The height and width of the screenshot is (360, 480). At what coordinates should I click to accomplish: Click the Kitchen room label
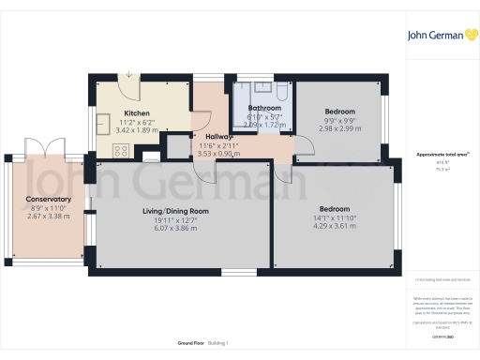click(x=137, y=113)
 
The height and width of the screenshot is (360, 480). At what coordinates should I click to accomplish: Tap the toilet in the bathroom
click(x=281, y=89)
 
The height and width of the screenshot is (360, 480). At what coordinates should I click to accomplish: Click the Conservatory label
click(x=49, y=200)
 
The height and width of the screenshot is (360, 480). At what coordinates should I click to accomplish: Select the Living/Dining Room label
click(x=182, y=212)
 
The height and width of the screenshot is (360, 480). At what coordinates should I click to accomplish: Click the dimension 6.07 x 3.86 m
click(x=182, y=228)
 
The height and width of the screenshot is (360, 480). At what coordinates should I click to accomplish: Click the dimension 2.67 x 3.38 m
click(x=49, y=216)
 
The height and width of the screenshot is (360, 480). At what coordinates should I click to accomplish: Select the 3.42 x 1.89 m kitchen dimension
click(x=137, y=129)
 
